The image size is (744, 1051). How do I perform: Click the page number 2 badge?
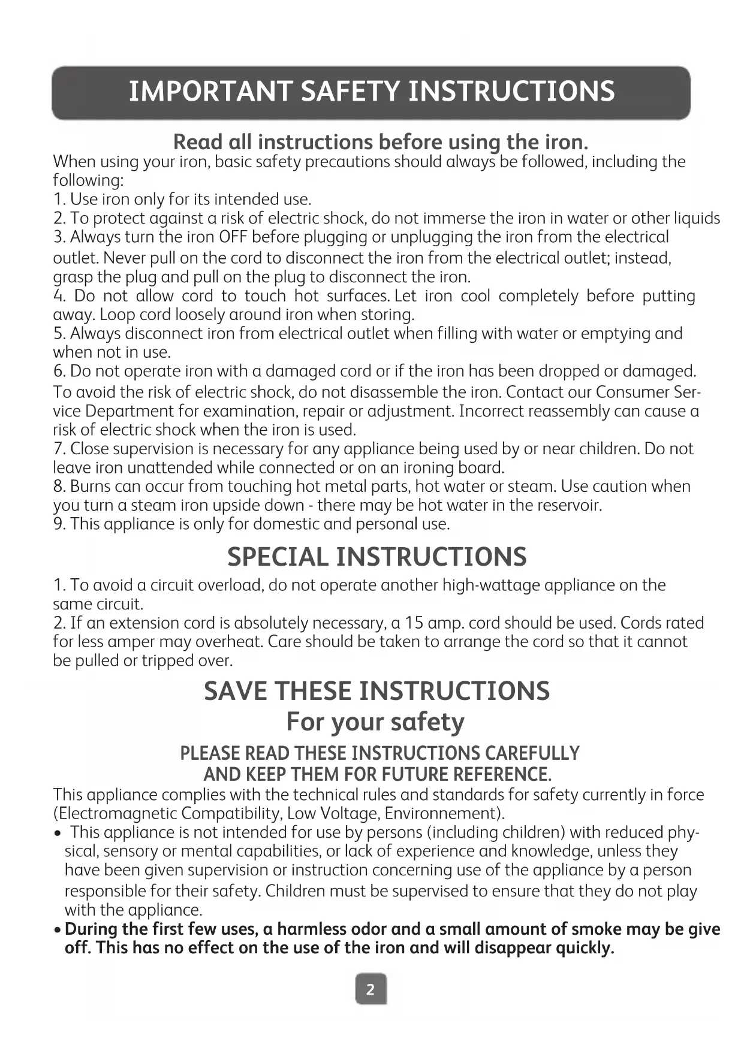(371, 989)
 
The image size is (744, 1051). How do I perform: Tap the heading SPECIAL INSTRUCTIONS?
(376, 557)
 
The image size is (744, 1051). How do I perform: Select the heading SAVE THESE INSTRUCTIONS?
(376, 691)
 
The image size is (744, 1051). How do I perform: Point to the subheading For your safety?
(375, 722)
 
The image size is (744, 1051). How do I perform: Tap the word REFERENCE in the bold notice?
(499, 774)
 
